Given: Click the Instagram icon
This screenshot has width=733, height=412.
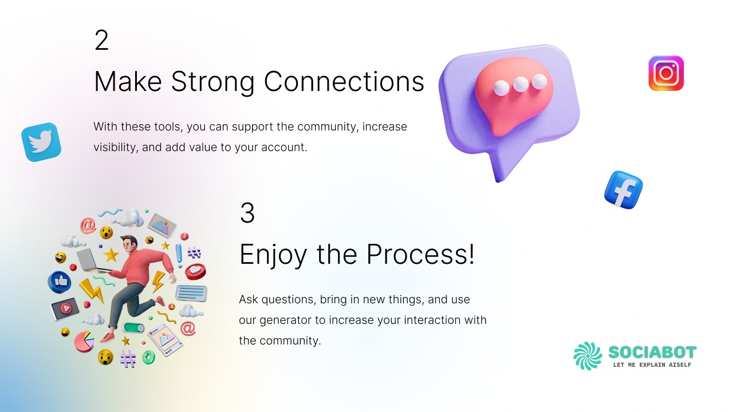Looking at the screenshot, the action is [666, 73].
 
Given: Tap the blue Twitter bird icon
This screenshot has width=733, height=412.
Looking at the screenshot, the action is [41, 142].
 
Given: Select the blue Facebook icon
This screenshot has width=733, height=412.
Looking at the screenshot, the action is [624, 190].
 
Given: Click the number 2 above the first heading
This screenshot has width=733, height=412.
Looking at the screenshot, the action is [101, 40].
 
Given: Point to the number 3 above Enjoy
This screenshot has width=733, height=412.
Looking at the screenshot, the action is [247, 213].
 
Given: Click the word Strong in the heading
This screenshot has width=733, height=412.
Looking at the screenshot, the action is [212, 82].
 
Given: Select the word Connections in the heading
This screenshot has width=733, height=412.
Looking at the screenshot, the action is [344, 81].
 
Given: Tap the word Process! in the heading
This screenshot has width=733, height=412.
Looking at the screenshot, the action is [420, 254].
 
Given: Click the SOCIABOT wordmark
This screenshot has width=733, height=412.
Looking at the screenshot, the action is [652, 352].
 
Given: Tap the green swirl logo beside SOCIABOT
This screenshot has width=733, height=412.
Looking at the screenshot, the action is [588, 356].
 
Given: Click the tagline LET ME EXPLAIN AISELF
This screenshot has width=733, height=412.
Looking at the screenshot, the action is [652, 365].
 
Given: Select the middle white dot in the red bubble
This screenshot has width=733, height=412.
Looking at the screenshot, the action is [521, 84].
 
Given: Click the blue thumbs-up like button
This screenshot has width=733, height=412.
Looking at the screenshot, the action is [60, 282].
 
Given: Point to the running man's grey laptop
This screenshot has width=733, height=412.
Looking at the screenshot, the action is [92, 261].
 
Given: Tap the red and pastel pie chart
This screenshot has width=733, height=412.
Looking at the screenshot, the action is [84, 341].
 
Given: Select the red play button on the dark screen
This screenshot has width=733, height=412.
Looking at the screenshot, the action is [66, 308].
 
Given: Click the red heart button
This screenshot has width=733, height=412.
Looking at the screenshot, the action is [195, 271].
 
